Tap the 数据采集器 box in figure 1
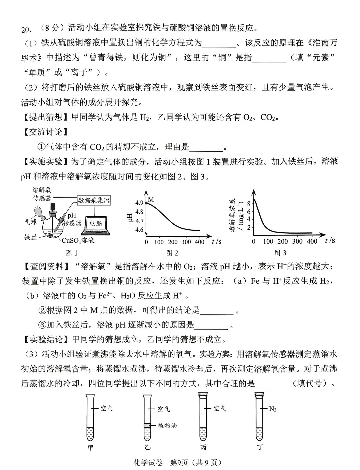click(94, 200)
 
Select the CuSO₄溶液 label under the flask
click(78, 240)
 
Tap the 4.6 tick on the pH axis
click(139, 230)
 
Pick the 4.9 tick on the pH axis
click(139, 203)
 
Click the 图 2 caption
click(172, 253)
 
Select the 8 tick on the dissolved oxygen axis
click(248, 203)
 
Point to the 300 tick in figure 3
click(297, 242)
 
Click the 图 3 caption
click(280, 253)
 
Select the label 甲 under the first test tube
click(90, 448)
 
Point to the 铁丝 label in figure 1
click(30, 237)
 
